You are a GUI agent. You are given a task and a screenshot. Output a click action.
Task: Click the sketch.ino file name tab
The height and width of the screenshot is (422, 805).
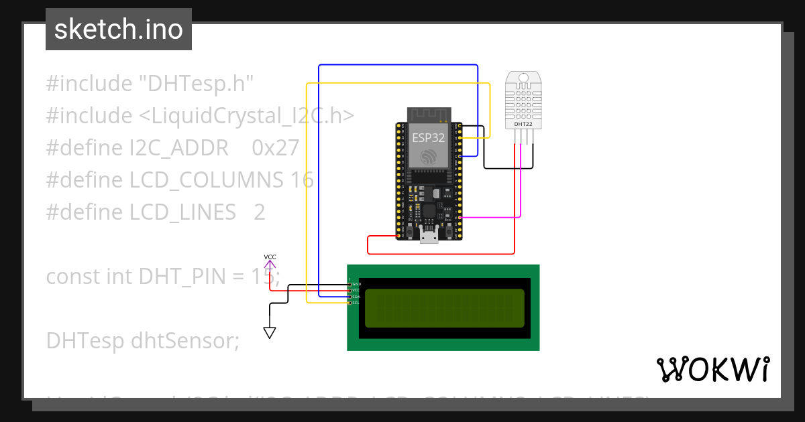coord(118,29)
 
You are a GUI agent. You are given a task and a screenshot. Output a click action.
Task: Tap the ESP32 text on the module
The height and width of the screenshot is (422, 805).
coord(428,138)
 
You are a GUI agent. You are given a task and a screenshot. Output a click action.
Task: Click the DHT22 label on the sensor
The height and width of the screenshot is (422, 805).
coord(524,124)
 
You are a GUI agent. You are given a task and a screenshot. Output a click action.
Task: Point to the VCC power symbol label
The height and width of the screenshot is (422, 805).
coord(270,257)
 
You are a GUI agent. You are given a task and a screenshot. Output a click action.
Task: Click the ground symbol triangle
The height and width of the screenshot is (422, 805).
coord(270,332)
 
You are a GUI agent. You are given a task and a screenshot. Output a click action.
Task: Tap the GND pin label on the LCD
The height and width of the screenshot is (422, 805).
coord(356,285)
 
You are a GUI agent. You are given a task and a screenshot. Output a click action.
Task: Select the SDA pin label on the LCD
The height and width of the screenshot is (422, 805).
coord(356,297)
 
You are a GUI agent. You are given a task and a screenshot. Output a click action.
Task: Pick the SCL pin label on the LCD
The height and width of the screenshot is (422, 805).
coord(356,303)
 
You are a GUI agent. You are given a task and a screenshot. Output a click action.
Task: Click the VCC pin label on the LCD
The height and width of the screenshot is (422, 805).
coord(356,291)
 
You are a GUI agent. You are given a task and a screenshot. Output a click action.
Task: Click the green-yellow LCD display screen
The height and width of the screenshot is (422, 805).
coord(444,308)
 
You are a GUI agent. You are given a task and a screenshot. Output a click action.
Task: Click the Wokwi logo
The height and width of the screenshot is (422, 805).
coord(712,369)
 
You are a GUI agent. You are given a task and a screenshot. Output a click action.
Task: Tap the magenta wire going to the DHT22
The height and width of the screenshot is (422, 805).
coord(521,188)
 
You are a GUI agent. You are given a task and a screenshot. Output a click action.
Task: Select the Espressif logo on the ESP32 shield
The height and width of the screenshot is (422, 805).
coord(428,157)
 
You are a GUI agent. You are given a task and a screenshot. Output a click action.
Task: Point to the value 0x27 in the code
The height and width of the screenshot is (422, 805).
coord(275,148)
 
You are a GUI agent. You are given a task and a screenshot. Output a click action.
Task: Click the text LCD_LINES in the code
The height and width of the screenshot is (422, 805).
coord(182,212)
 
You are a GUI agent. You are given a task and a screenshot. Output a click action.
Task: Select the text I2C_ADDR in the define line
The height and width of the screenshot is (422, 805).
coord(179,148)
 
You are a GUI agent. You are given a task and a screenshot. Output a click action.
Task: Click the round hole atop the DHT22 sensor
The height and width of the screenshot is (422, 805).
coord(524,78)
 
